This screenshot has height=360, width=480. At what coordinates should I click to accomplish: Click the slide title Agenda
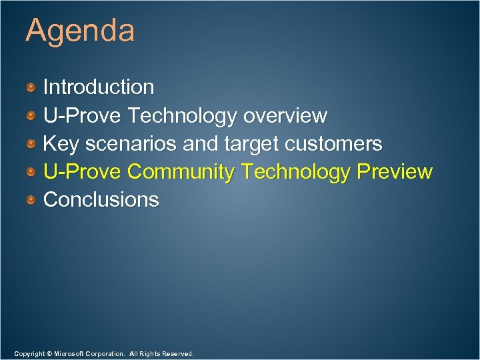80,31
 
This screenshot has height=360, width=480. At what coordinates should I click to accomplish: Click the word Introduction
99,87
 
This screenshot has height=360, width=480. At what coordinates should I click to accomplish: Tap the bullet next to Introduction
31,87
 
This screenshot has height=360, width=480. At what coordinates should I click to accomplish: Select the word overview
285,116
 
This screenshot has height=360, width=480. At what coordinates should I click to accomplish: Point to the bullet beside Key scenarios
31,144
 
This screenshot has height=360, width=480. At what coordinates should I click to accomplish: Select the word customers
333,144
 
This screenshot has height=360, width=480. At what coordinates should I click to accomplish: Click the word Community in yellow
181,172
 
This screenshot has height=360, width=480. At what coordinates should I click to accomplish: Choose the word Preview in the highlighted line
395,172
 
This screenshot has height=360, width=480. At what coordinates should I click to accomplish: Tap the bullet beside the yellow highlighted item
31,172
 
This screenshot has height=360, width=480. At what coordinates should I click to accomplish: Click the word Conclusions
101,200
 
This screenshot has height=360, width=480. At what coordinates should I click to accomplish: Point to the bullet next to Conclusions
31,200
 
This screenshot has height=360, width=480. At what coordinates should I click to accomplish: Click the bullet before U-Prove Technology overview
31,116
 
